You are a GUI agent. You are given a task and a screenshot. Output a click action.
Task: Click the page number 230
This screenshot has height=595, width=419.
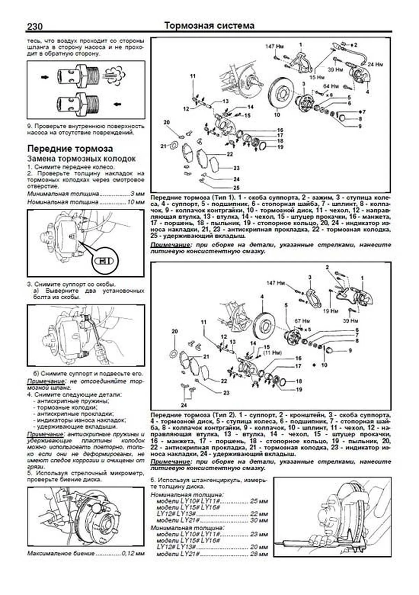(35, 27)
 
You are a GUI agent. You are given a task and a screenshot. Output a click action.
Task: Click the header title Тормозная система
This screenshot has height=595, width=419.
(209, 26)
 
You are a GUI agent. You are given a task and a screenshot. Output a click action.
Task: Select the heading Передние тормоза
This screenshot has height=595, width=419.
(70, 149)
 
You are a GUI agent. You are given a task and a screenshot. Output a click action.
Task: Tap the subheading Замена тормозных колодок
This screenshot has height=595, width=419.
(81, 158)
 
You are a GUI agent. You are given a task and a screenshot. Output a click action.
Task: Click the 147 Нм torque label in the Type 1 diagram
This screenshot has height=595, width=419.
(274, 46)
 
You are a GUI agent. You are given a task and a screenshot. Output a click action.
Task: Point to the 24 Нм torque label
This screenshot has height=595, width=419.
(375, 64)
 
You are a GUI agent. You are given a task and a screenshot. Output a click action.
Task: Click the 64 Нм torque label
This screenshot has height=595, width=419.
(331, 86)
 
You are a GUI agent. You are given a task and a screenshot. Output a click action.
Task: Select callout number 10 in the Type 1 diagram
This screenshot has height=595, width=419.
(277, 114)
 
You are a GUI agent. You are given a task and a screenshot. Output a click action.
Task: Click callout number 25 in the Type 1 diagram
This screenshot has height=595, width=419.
(236, 187)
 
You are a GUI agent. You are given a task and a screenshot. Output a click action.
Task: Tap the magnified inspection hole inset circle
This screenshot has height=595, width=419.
(104, 260)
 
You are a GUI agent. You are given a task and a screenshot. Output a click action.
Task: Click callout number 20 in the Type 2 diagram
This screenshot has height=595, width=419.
(175, 331)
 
